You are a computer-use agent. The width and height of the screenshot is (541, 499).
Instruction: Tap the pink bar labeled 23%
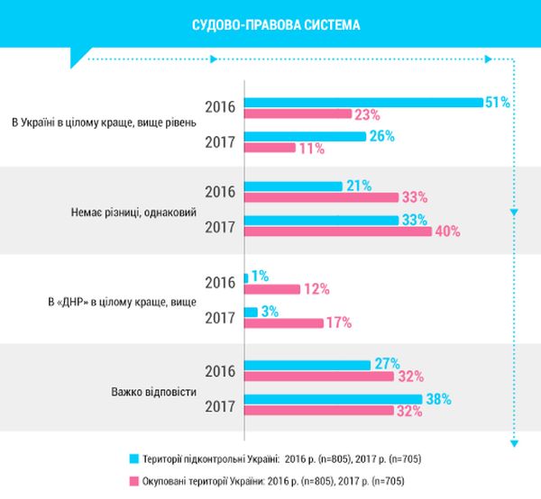[x=297, y=113]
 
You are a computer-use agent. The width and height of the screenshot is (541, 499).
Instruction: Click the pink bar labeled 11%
[x=270, y=148]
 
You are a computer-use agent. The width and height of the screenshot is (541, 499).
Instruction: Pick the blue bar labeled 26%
[x=305, y=136]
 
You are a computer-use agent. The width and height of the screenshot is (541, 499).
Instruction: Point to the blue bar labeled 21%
[x=293, y=186]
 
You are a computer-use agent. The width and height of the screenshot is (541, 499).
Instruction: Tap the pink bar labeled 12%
[x=271, y=290]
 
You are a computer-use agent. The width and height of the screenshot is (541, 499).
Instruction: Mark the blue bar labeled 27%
[x=307, y=364]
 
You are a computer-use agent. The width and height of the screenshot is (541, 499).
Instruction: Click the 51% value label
[x=498, y=103]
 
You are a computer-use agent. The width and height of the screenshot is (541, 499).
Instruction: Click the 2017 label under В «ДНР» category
[x=221, y=317]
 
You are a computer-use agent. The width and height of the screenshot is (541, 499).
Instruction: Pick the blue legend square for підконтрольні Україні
[x=133, y=458]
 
